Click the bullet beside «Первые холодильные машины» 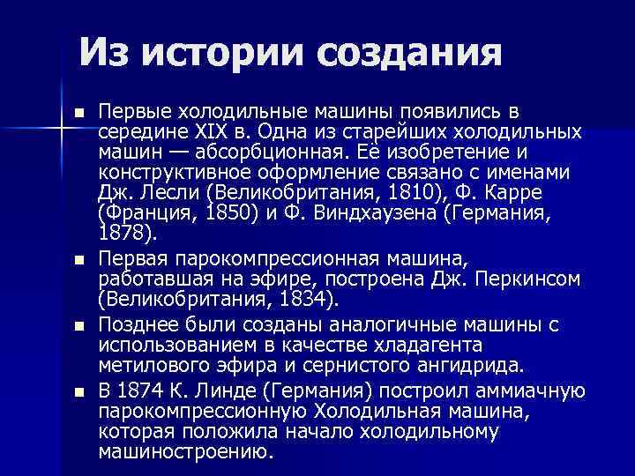pos(80,114)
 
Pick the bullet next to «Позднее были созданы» pos(80,326)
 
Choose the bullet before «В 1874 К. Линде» pos(80,390)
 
